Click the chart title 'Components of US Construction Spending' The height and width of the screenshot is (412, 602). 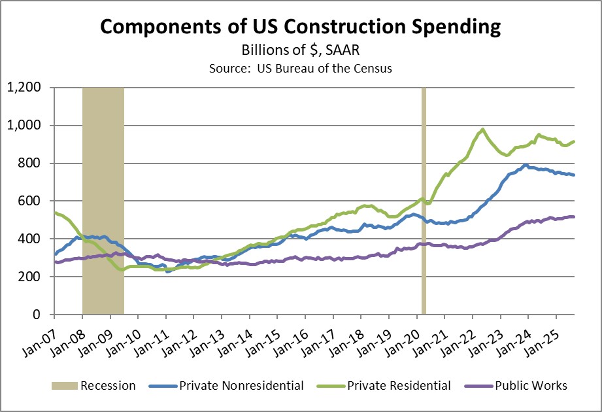[301, 27]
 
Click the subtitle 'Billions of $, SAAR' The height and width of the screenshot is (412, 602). [301, 51]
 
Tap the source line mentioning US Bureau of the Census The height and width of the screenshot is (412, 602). [301, 69]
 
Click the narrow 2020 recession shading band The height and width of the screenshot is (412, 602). [424, 196]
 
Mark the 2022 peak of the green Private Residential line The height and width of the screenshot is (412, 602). [482, 129]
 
